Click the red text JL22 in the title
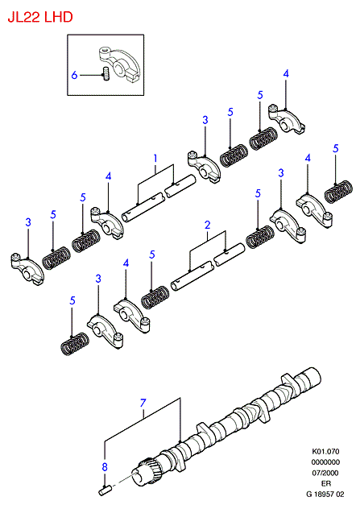pos(24,17)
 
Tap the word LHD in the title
pos(59,17)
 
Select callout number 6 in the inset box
pos(74,75)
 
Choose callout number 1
pos(155,159)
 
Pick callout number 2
pos(207,225)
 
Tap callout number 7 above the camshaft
pos(143,403)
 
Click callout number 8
pos(105,466)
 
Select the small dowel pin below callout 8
pos(105,491)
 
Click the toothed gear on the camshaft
pos(147,468)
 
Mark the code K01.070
pos(325,452)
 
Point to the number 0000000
pos(325,462)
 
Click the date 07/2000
pos(325,473)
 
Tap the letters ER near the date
pos(326,483)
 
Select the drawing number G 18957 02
pos(325,494)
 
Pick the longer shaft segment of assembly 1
pos(143,208)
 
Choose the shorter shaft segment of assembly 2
pos(230,255)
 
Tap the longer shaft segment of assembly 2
pos(192,275)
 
